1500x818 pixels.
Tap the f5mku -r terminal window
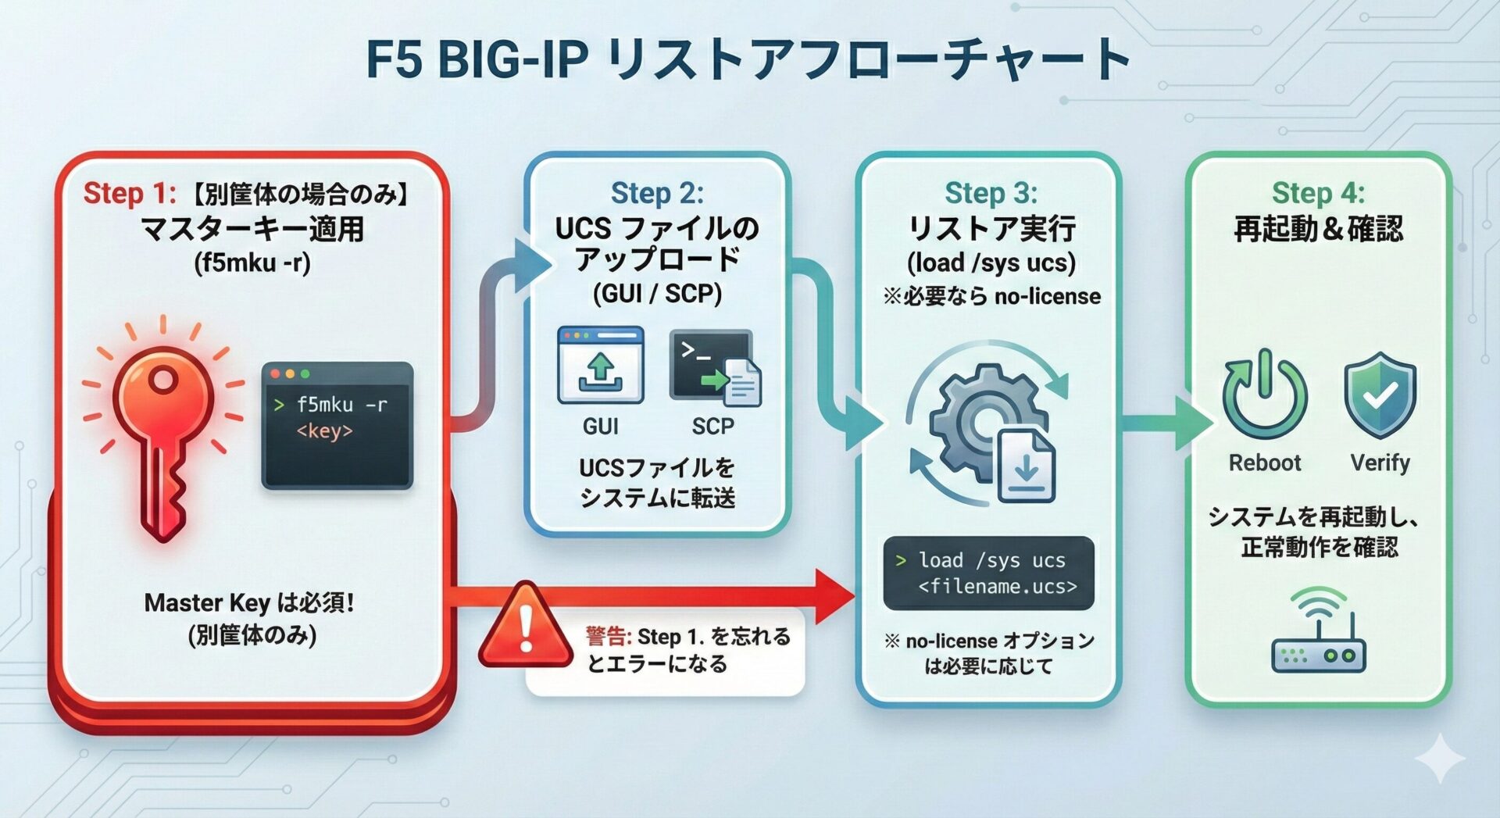[x=337, y=425]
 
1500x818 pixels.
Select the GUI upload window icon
[x=600, y=365]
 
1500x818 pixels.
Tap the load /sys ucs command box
[x=988, y=573]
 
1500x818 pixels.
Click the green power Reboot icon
[x=1265, y=394]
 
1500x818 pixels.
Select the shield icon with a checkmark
[x=1380, y=394]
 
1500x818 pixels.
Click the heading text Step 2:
[x=657, y=193]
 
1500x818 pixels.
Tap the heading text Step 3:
[x=991, y=193]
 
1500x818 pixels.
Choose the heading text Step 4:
[x=1318, y=193]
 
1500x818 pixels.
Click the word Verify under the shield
[x=1380, y=463]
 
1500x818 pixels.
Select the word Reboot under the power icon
[x=1265, y=463]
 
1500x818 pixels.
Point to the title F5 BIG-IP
[x=477, y=59]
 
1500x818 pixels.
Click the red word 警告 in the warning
[x=609, y=637]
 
